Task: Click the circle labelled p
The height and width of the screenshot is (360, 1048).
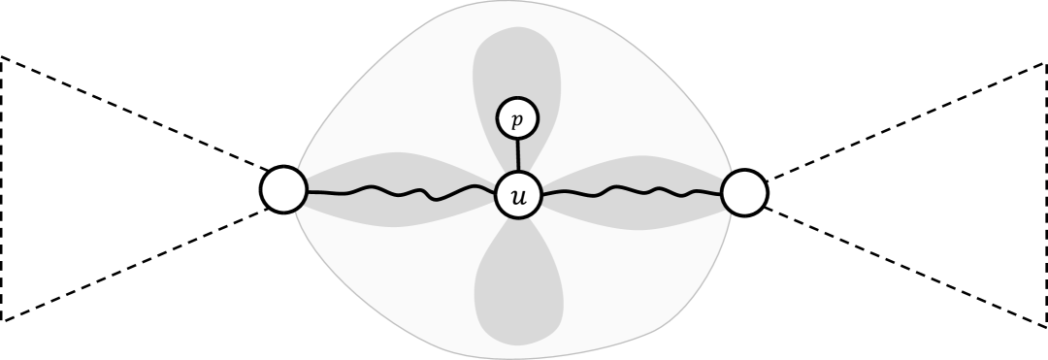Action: tap(517, 119)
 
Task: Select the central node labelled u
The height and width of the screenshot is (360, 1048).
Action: tap(518, 196)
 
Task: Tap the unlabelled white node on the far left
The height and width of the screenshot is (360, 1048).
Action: tap(284, 189)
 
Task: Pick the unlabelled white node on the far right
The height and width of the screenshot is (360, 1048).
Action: tap(744, 192)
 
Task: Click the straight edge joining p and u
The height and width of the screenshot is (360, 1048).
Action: tap(517, 155)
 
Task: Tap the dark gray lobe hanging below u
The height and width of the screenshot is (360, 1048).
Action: tap(518, 291)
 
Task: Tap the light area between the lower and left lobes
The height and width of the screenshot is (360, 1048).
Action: tap(408, 281)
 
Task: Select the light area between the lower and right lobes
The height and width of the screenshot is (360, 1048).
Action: tap(631, 281)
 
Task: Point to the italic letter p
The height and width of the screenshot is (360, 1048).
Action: tap(517, 120)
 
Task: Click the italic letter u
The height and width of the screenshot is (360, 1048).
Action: tap(518, 197)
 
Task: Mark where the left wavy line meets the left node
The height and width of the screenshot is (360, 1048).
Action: tap(308, 191)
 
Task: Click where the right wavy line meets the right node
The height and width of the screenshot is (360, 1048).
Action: tap(723, 193)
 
